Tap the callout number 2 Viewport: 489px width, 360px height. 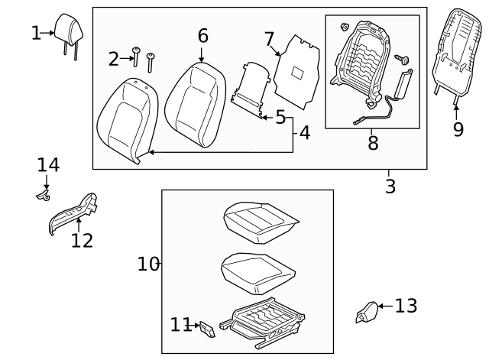[x=114, y=59]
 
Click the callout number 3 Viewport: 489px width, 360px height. [x=390, y=186]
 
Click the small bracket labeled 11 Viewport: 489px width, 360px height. [x=206, y=328]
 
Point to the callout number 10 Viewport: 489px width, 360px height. [x=148, y=264]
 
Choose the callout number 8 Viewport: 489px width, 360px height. [x=373, y=143]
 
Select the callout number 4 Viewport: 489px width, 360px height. [x=304, y=133]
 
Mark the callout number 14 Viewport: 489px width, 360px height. [x=48, y=165]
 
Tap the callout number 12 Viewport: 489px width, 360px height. [x=82, y=241]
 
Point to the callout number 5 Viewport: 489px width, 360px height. [x=280, y=118]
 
